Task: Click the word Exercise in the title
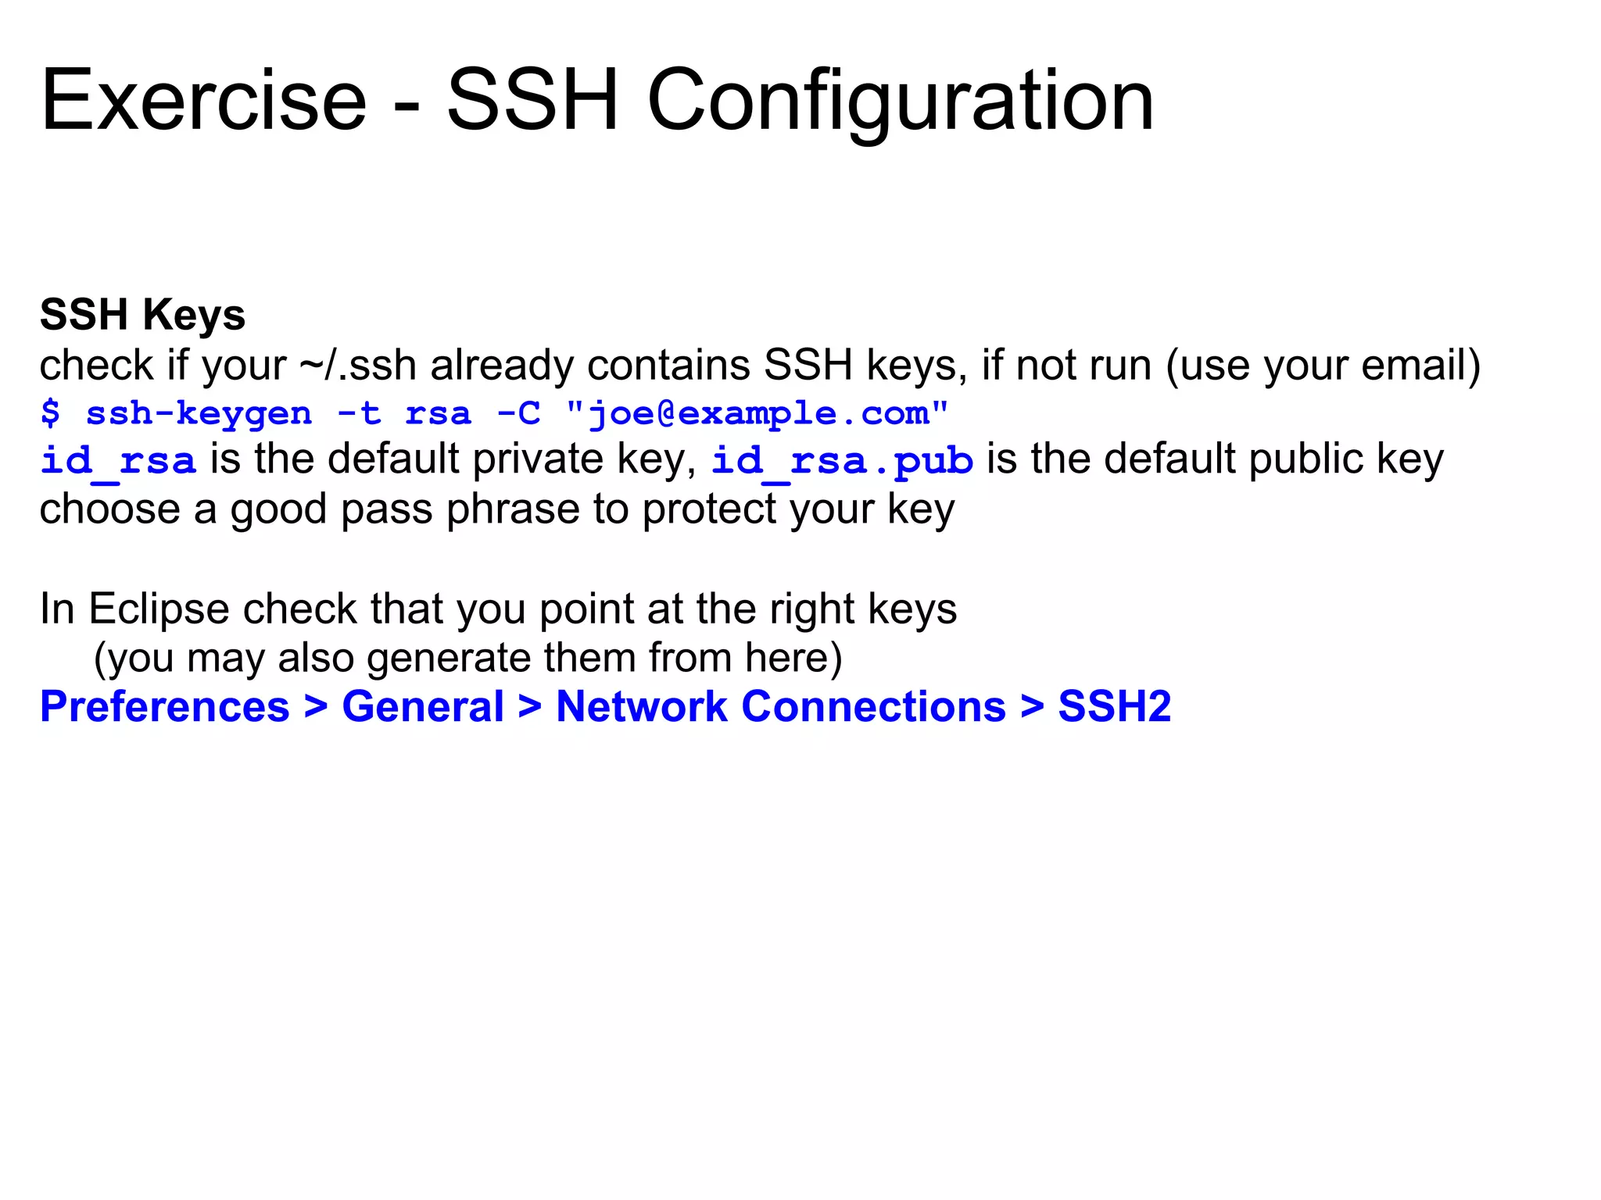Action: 203,102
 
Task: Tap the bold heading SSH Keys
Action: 142,315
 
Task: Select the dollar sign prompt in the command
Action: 50,412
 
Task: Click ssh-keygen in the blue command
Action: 199,414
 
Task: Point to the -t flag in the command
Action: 359,412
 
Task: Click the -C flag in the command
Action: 519,412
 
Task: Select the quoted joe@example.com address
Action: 757,414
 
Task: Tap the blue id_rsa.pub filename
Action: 842,461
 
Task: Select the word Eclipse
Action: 159,609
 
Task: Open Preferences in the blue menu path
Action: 165,707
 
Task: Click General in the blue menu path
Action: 423,707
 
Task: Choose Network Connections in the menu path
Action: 780,707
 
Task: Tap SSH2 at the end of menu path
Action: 1114,707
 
